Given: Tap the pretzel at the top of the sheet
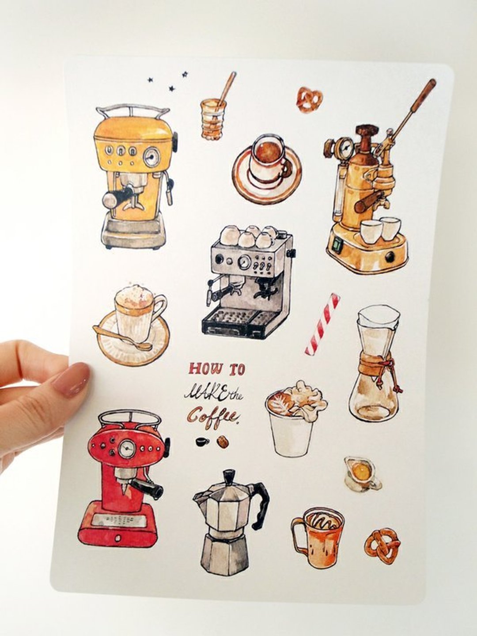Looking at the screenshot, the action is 310,99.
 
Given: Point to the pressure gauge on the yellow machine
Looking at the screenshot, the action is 152,156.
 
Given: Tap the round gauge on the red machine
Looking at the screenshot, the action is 127,450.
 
